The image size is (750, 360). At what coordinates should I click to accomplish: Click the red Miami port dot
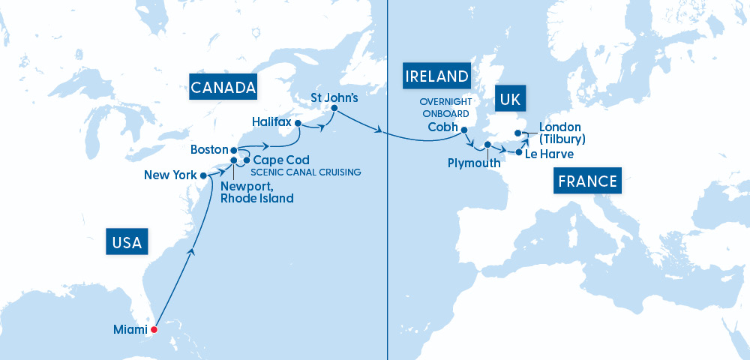(154, 329)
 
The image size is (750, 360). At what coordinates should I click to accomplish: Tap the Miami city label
(129, 329)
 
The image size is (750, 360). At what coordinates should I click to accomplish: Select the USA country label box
(127, 242)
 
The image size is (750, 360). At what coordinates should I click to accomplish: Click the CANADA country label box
(223, 88)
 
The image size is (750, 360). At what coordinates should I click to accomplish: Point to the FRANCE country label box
(589, 181)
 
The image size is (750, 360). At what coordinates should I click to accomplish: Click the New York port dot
(203, 175)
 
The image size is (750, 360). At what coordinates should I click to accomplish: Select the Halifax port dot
(298, 123)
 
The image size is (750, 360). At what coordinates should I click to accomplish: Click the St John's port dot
(334, 109)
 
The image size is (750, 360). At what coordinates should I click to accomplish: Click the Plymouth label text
(475, 163)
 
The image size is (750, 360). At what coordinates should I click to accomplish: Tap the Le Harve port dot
(519, 153)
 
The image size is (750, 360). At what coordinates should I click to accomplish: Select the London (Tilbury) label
(562, 133)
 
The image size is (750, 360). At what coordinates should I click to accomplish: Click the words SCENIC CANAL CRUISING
(307, 172)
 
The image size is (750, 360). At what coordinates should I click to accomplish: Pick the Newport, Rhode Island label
(256, 192)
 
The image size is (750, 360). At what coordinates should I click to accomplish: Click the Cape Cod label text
(281, 160)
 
